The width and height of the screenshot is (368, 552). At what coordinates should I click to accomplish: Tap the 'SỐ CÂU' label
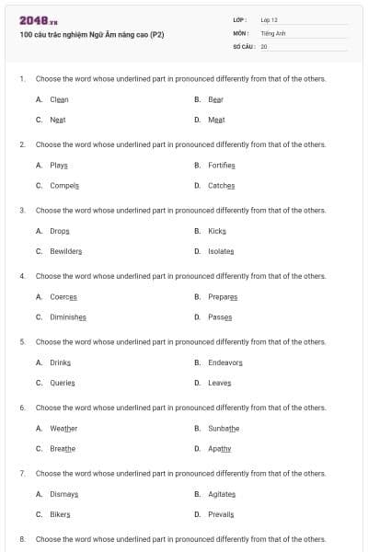pos(244,46)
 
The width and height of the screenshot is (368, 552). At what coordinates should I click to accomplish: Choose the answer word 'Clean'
pos(59,99)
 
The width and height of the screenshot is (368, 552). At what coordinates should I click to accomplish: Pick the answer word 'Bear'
pos(215,99)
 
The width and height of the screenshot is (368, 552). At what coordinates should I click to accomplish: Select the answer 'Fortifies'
pos(222,165)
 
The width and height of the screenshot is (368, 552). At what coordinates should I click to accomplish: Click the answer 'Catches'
pos(221,185)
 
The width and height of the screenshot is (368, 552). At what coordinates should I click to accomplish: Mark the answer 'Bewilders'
pos(66,251)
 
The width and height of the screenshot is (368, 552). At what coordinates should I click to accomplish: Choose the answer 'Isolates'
pos(221,251)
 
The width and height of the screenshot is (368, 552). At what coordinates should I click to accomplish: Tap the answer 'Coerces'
pos(63,296)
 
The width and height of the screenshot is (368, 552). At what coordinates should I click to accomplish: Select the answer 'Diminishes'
pos(68,316)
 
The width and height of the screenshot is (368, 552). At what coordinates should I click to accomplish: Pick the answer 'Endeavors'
pos(225,362)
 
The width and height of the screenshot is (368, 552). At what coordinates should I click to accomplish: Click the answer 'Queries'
pos(63,383)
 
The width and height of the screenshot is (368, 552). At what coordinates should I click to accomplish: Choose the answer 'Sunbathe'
pos(224,428)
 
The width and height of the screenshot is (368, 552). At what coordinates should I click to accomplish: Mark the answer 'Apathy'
pos(220,448)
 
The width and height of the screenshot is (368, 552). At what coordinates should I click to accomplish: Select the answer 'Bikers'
pos(60,514)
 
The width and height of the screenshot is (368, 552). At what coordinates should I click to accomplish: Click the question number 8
pos(22,539)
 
